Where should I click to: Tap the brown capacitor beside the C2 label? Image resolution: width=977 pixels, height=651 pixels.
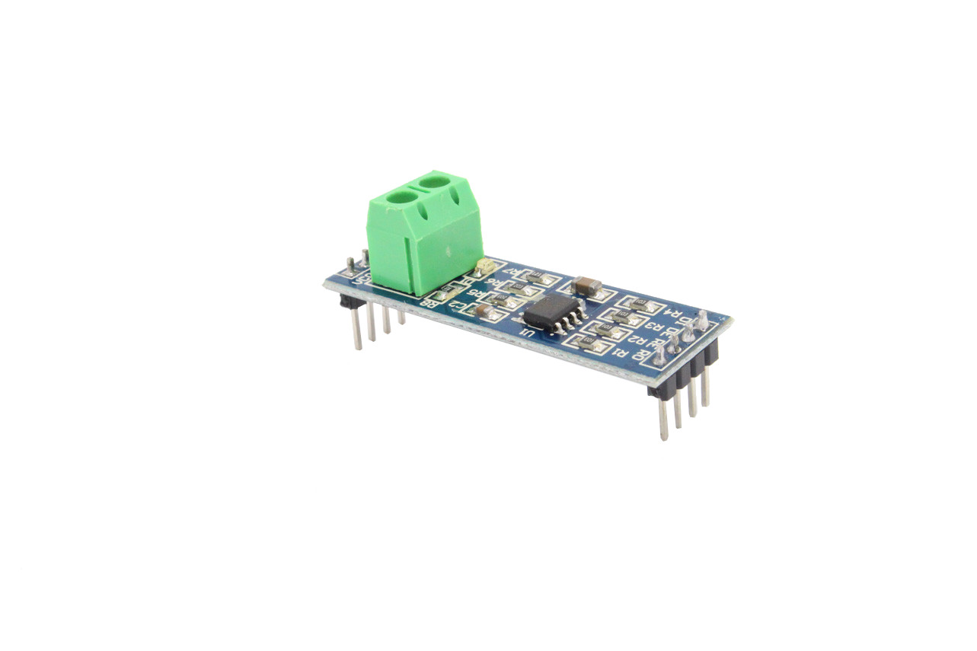481,310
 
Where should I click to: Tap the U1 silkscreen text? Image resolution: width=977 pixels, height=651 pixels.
526,332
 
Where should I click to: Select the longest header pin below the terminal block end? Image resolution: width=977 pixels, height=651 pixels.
356,329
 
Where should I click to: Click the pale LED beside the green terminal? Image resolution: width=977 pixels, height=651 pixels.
481,266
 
